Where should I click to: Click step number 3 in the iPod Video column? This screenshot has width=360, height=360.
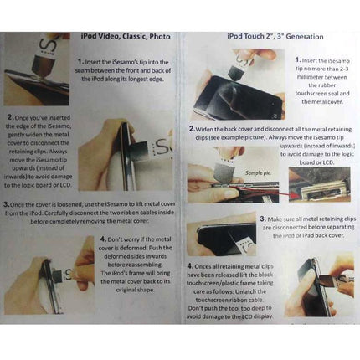coord(8,203)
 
